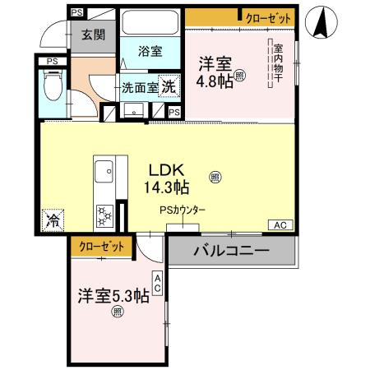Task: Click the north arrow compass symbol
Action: click(322, 23)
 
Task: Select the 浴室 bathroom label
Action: click(150, 51)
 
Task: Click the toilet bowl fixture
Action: click(51, 84)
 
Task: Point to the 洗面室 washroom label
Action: click(139, 87)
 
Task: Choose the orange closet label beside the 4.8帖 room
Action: click(266, 17)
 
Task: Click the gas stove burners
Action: click(104, 215)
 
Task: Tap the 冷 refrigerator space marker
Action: click(52, 219)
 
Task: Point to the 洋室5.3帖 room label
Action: click(113, 295)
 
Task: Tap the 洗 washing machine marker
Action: click(168, 86)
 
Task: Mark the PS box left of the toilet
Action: click(51, 60)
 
